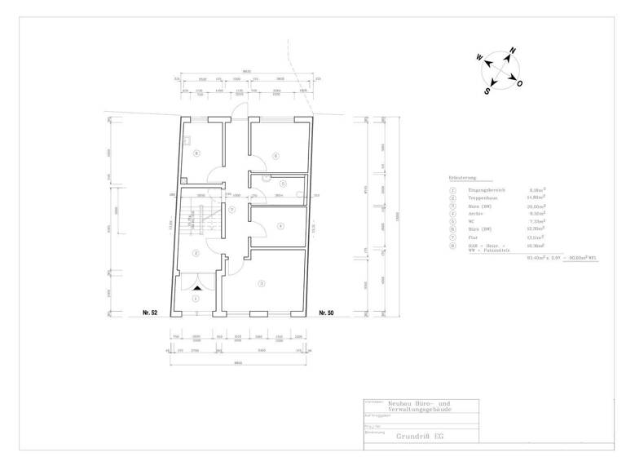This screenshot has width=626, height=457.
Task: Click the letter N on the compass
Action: click(x=513, y=51)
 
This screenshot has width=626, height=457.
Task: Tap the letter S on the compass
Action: click(x=487, y=91)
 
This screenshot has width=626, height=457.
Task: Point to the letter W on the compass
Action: click(x=480, y=58)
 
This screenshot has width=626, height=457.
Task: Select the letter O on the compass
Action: click(x=520, y=84)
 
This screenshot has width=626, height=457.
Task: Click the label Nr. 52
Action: click(x=149, y=313)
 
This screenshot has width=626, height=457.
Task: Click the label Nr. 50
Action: click(x=326, y=313)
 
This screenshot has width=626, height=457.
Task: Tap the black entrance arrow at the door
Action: click(x=196, y=289)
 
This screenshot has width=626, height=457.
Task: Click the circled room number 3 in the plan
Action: click(x=261, y=283)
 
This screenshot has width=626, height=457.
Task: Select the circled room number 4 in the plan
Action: click(x=280, y=226)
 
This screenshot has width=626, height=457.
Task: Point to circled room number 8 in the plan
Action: click(x=196, y=153)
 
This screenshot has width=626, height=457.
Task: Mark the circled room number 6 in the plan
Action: click(x=276, y=155)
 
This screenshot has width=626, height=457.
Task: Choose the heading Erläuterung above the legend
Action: click(x=462, y=176)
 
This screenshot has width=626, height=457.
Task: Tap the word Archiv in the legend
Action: click(x=474, y=213)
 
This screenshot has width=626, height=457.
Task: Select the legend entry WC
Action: click(x=471, y=221)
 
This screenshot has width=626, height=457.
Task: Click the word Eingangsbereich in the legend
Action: click(x=485, y=189)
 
